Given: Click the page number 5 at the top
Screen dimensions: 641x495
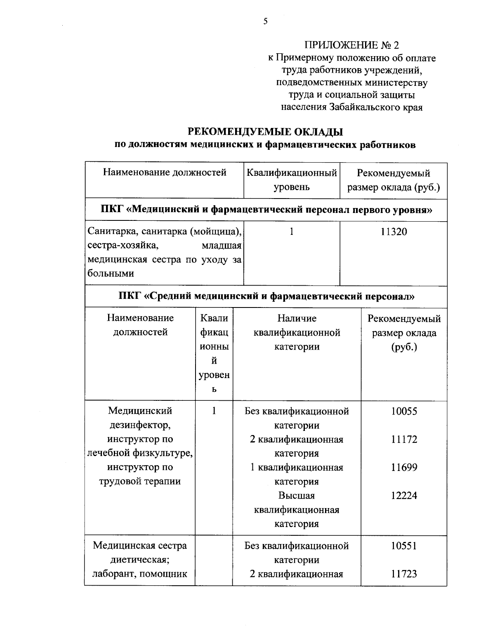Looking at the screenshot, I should (265, 21).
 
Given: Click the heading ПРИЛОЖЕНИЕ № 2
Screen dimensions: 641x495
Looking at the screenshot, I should (352, 45).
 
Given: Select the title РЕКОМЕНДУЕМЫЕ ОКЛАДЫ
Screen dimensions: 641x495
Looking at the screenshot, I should (266, 132).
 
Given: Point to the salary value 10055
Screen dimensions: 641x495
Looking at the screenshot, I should (404, 411).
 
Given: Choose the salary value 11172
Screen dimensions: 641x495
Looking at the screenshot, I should (404, 439).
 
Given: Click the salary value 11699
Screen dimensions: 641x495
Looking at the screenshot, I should (404, 467).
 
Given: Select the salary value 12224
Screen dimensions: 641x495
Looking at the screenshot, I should (404, 495).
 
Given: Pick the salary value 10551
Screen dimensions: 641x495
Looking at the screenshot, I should (404, 546).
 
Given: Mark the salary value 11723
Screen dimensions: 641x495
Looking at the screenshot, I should (404, 574).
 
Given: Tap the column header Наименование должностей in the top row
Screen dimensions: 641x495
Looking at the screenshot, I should (165, 172).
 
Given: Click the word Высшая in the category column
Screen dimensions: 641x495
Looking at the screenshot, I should (296, 495).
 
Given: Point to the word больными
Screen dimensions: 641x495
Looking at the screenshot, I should (111, 273).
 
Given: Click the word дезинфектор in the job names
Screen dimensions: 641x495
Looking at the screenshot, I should (139, 425).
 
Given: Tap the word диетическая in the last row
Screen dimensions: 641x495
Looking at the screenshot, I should (140, 560).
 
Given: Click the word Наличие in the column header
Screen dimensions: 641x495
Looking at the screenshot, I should (297, 318).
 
